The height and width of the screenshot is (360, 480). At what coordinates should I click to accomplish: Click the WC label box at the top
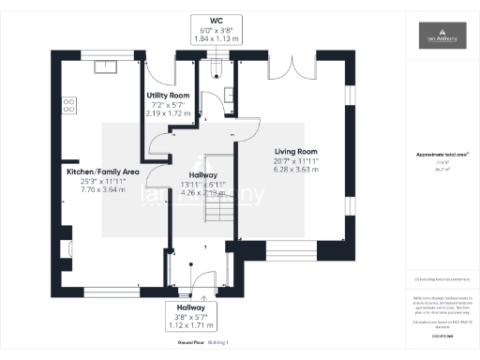[x=216, y=28]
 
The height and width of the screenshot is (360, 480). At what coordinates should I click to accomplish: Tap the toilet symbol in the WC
[x=216, y=65]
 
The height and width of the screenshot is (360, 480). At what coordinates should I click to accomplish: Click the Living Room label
[x=296, y=151]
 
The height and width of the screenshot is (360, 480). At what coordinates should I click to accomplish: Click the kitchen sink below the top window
[x=105, y=67]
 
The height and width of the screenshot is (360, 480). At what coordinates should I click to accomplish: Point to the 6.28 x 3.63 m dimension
[x=296, y=170]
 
